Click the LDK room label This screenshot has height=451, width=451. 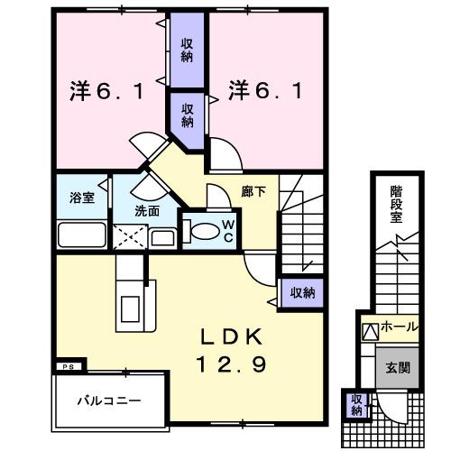click(x=230, y=337)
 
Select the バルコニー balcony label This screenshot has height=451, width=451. click(x=107, y=398)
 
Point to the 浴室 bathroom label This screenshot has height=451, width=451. click(x=82, y=197)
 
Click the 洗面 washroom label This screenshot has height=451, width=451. click(x=148, y=211)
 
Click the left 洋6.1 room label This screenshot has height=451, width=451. click(x=106, y=90)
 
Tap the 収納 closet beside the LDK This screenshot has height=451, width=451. click(x=301, y=291)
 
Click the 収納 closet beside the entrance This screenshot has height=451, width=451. click(x=356, y=405)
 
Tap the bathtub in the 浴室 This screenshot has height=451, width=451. click(x=83, y=236)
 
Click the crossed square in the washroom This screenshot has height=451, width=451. click(x=129, y=237)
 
